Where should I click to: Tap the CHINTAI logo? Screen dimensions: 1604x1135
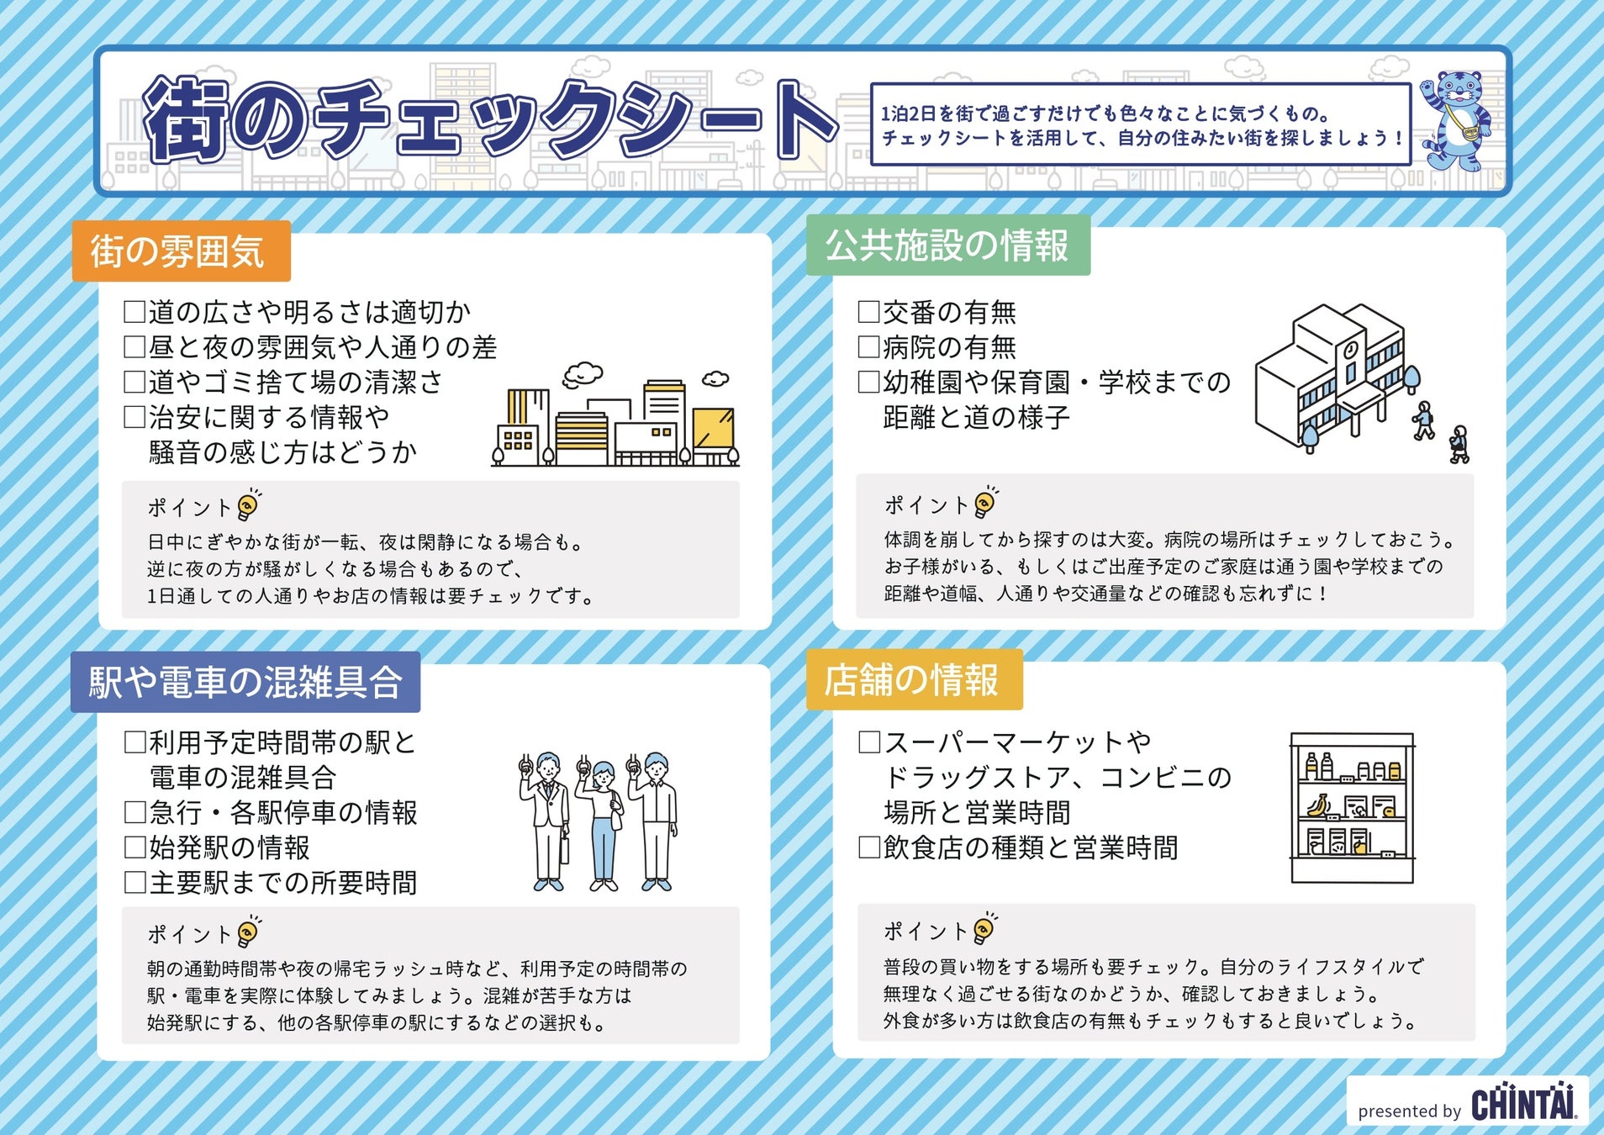click(1523, 1102)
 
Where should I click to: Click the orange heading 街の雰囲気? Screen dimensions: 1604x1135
click(181, 251)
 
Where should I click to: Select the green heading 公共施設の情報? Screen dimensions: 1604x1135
click(947, 245)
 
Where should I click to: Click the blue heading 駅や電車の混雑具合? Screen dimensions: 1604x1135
click(245, 682)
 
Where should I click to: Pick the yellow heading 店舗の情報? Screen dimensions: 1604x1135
click(913, 679)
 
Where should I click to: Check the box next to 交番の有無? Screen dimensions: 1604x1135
click(868, 312)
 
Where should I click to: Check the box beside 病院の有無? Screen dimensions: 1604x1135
click(868, 346)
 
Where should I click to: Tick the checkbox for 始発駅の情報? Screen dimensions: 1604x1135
click(135, 847)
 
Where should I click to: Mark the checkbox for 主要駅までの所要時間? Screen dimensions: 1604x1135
click(135, 882)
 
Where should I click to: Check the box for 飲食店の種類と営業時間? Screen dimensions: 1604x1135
click(868, 847)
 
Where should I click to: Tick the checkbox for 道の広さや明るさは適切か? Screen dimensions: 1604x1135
click(135, 312)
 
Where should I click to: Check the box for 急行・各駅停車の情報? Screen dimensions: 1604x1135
click(135, 812)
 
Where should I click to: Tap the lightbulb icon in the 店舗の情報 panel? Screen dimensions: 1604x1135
click(984, 928)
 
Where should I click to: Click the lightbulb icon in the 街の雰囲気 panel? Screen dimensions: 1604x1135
click(248, 505)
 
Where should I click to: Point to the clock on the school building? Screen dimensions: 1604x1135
click(1351, 348)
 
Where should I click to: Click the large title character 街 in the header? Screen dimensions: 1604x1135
click(185, 120)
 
